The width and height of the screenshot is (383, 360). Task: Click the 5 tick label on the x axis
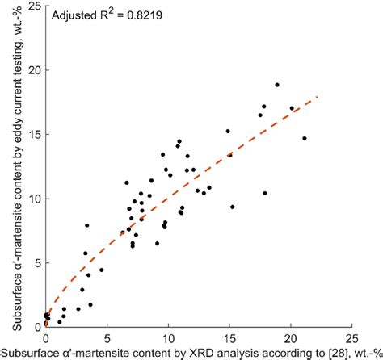(107, 339)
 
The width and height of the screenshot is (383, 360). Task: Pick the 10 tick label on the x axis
(168, 339)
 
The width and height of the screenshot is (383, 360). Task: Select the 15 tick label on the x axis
(229, 339)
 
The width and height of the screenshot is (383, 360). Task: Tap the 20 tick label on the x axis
(291, 339)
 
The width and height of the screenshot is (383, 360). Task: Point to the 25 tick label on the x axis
(351, 339)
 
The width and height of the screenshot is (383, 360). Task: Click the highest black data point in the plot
(276, 85)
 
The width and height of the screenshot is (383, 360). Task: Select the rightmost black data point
(305, 138)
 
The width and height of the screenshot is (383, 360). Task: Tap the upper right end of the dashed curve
(318, 97)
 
